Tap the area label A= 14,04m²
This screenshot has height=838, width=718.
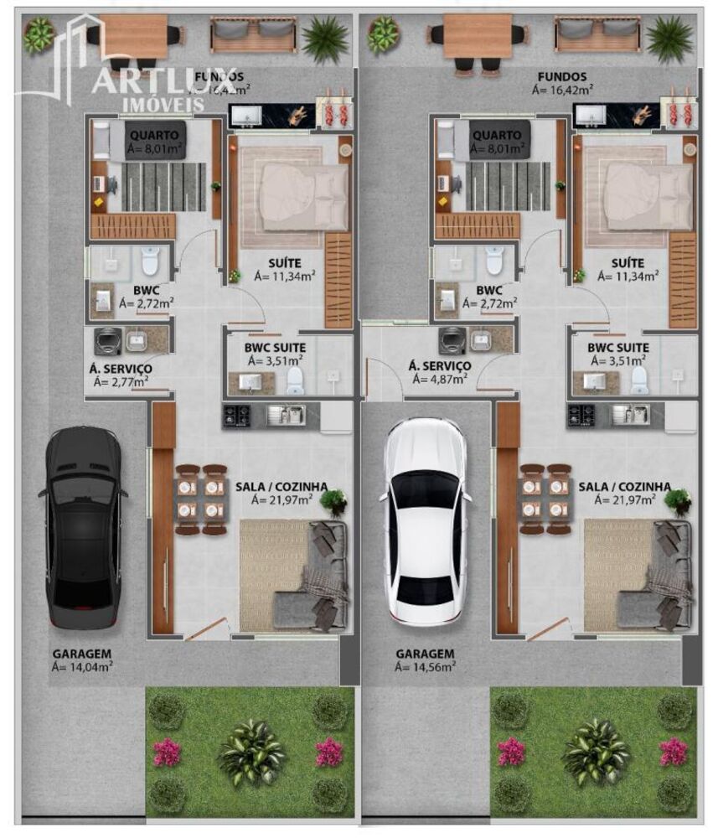point(82,667)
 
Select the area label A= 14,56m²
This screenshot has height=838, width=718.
point(426,667)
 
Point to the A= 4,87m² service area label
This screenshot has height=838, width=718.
point(438,379)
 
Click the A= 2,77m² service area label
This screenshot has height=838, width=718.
point(119,381)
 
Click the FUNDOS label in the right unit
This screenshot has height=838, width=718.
point(562,77)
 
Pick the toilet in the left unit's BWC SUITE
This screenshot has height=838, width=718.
point(296,381)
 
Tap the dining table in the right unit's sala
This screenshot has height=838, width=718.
point(544,499)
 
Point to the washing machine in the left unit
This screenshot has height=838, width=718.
point(107,339)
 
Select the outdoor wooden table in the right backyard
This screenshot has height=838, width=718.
point(478,35)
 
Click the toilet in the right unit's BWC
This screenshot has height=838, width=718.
point(495,262)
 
